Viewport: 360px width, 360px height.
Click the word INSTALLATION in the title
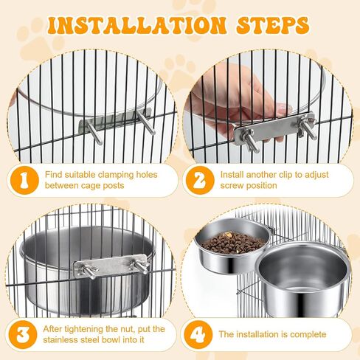[136, 25]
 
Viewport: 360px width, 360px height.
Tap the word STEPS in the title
[273, 25]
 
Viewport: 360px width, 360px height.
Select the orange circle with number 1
[24, 180]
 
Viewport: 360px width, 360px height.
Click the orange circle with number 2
[200, 180]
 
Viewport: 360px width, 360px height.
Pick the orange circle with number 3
[23, 334]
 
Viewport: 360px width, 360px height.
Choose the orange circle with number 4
[198, 334]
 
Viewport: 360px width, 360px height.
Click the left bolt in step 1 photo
[94, 132]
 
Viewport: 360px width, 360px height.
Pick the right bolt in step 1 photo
[146, 122]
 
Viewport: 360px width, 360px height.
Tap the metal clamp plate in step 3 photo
[110, 266]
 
